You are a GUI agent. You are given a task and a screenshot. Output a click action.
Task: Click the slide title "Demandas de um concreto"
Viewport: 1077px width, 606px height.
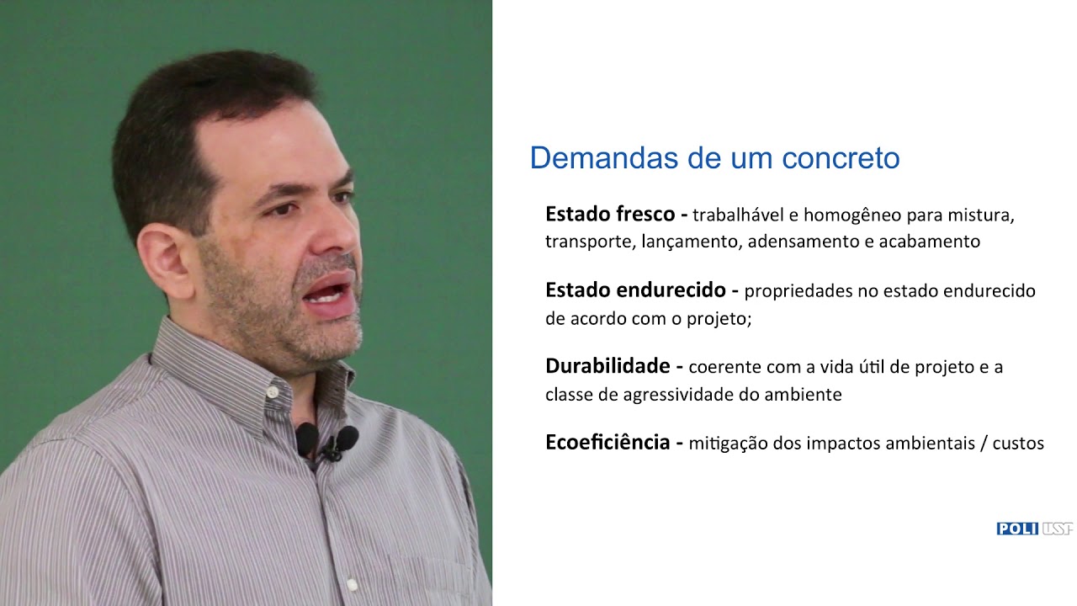coord(714,158)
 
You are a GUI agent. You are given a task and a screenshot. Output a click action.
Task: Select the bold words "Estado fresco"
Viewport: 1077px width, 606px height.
coord(610,214)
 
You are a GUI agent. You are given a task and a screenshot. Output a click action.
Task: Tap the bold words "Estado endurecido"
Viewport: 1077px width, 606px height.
coord(635,290)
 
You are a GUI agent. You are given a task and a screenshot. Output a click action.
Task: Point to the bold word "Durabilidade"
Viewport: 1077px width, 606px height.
coord(607,366)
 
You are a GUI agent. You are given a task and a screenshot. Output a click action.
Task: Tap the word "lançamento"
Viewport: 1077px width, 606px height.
coord(689,242)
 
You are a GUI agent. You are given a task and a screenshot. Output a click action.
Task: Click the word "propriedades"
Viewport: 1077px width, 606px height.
coord(797,291)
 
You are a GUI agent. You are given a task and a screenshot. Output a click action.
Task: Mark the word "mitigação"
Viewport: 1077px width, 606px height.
coord(728,444)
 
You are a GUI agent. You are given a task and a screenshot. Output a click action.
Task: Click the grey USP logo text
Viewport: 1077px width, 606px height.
coord(1058,529)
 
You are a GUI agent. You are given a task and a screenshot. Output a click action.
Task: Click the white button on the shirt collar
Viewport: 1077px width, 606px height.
coord(273,392)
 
